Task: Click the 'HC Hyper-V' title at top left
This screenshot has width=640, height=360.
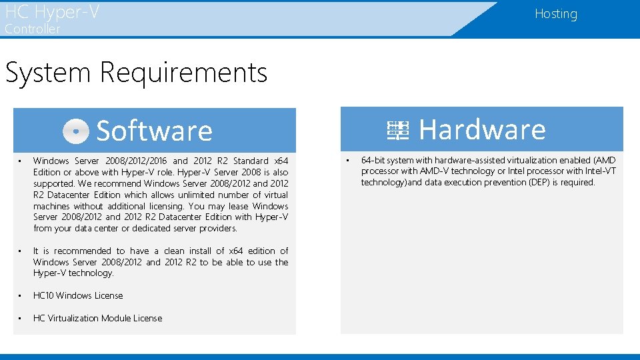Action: click(x=52, y=12)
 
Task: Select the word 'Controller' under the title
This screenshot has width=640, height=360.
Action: click(x=32, y=29)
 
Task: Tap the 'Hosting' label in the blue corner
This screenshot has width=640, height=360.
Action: click(x=555, y=14)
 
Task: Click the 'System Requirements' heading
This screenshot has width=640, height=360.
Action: click(x=136, y=72)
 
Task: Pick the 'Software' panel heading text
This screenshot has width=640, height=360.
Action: click(x=154, y=131)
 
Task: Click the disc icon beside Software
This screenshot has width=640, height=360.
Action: click(x=76, y=131)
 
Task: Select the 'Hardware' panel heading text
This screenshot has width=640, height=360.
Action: click(x=481, y=129)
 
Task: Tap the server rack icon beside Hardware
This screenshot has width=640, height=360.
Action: click(x=398, y=130)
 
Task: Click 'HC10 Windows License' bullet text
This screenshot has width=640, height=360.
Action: click(x=78, y=295)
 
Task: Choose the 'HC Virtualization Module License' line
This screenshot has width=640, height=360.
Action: click(x=97, y=318)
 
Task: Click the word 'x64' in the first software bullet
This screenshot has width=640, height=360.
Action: click(x=281, y=161)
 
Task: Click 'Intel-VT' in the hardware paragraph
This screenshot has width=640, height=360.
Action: click(x=599, y=171)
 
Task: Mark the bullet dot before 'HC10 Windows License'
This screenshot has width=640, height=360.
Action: click(x=21, y=295)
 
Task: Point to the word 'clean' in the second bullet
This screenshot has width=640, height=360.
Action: click(x=174, y=251)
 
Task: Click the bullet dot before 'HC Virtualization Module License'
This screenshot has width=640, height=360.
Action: click(x=21, y=318)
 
